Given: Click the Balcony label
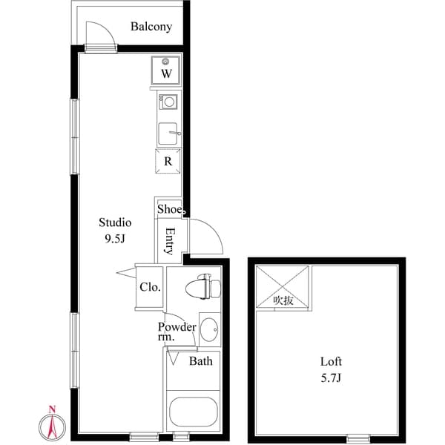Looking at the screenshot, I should (151, 27).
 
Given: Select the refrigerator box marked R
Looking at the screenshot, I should (168, 161).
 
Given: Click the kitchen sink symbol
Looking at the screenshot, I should (168, 133).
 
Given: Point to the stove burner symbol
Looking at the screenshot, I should (169, 102).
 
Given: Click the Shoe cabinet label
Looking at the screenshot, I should (170, 209).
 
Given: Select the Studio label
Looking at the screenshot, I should (116, 222).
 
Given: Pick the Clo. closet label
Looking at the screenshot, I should (150, 287).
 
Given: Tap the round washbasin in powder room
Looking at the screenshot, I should (208, 329).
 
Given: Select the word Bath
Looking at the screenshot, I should (201, 361).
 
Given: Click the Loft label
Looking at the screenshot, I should (331, 362).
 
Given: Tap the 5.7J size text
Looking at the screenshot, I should (331, 378).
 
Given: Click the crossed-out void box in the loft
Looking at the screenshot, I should (283, 287).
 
